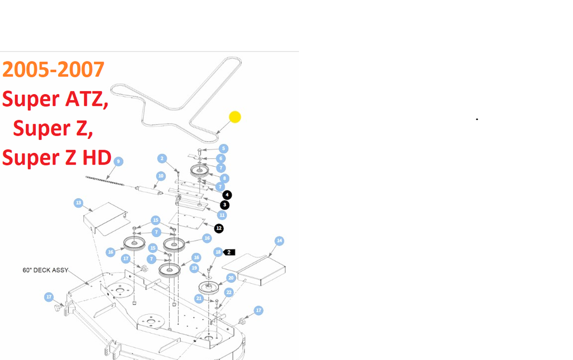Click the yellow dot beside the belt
coord(235,117)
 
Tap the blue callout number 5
coord(223,148)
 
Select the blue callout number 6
coord(221,158)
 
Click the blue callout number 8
coord(224,178)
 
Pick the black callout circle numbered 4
coord(227,195)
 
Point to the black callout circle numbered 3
coord(224,205)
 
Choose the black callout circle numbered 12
coord(219,228)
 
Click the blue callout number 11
coord(222,215)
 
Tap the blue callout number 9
coord(118,161)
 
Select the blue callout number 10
coord(161,176)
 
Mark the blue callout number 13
coord(78,202)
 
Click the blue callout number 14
coord(279,241)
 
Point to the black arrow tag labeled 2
coord(229,253)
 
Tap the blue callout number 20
coord(231,278)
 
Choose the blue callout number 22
coord(228,292)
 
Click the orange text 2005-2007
coord(53,69)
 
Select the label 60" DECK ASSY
coord(45,270)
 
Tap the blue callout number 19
coord(194,268)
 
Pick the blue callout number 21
coord(199,298)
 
